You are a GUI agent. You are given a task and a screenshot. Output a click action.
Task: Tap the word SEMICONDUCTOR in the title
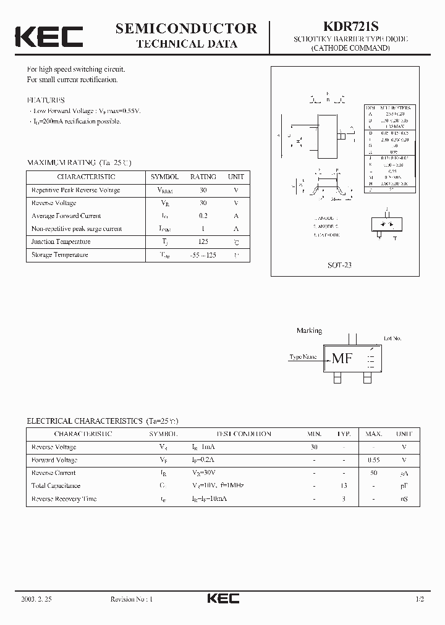click(186, 28)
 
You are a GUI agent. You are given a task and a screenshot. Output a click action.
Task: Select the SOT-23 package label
click(339, 265)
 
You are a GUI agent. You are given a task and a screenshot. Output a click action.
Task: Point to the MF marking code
click(342, 358)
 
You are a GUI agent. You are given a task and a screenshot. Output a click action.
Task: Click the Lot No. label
click(392, 338)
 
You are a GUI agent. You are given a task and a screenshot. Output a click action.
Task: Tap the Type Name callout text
click(303, 357)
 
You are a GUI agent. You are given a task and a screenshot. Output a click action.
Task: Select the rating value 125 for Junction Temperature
click(203, 241)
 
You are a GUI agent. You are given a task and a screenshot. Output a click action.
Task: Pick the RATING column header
click(203, 177)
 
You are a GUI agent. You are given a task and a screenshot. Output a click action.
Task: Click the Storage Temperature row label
click(60, 254)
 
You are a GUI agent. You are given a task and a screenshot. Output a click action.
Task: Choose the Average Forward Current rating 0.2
click(203, 216)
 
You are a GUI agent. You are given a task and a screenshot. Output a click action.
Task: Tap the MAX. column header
click(373, 434)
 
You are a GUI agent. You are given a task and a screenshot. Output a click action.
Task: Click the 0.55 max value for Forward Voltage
click(373, 460)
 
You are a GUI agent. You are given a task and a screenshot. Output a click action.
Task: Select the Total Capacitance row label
click(56, 485)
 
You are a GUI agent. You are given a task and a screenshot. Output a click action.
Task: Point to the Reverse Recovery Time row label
click(64, 498)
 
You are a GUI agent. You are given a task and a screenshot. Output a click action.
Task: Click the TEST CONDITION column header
click(244, 434)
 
